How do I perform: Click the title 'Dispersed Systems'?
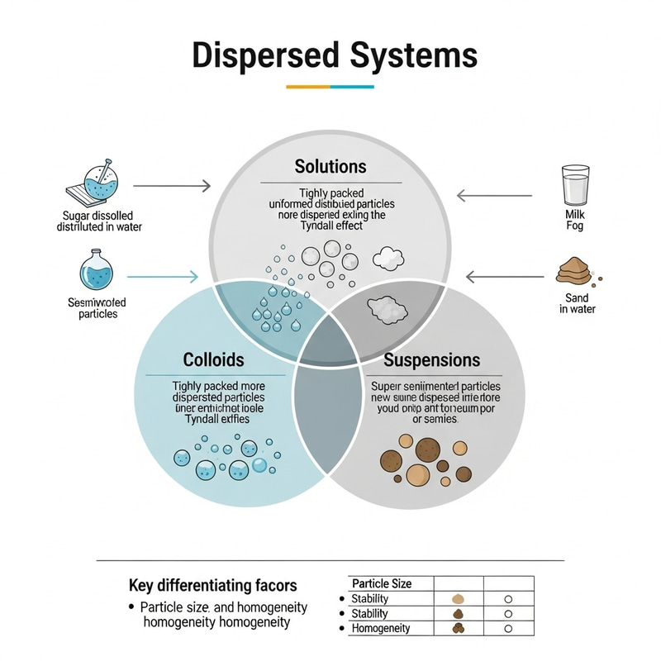[334, 55]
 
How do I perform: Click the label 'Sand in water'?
[577, 303]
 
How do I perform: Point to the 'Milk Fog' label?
[576, 221]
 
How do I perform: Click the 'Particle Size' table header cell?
[382, 583]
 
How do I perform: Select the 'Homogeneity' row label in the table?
[381, 629]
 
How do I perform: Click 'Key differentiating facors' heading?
[213, 586]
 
